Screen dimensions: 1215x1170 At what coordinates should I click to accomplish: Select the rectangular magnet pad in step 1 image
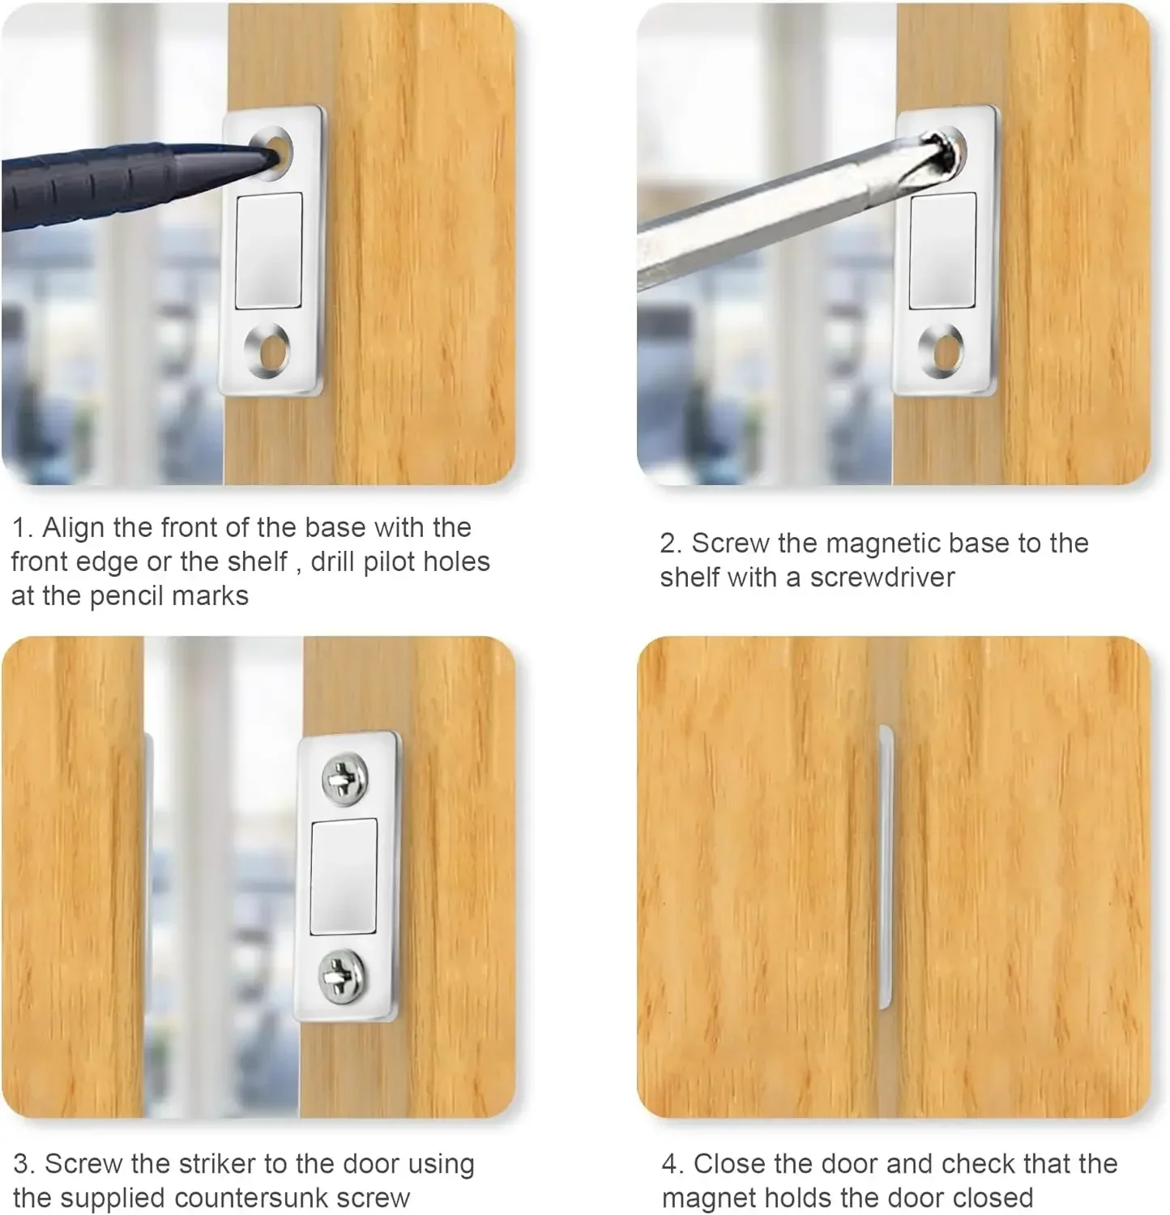tap(269, 250)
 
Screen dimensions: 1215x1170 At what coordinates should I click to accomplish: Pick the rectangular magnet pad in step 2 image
tap(942, 250)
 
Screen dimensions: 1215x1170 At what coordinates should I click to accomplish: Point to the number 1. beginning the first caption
tap(23, 528)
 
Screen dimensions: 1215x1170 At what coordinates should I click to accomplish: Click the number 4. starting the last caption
tap(673, 1164)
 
